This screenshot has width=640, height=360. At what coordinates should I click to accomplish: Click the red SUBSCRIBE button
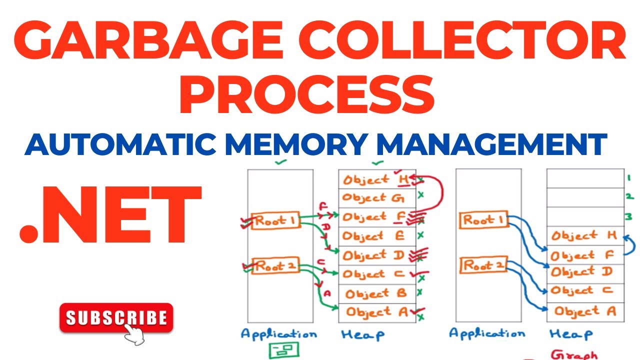click(x=116, y=318)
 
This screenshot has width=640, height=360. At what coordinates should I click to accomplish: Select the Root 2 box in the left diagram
click(x=273, y=266)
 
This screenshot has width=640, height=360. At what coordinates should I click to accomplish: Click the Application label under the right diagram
click(x=486, y=333)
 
